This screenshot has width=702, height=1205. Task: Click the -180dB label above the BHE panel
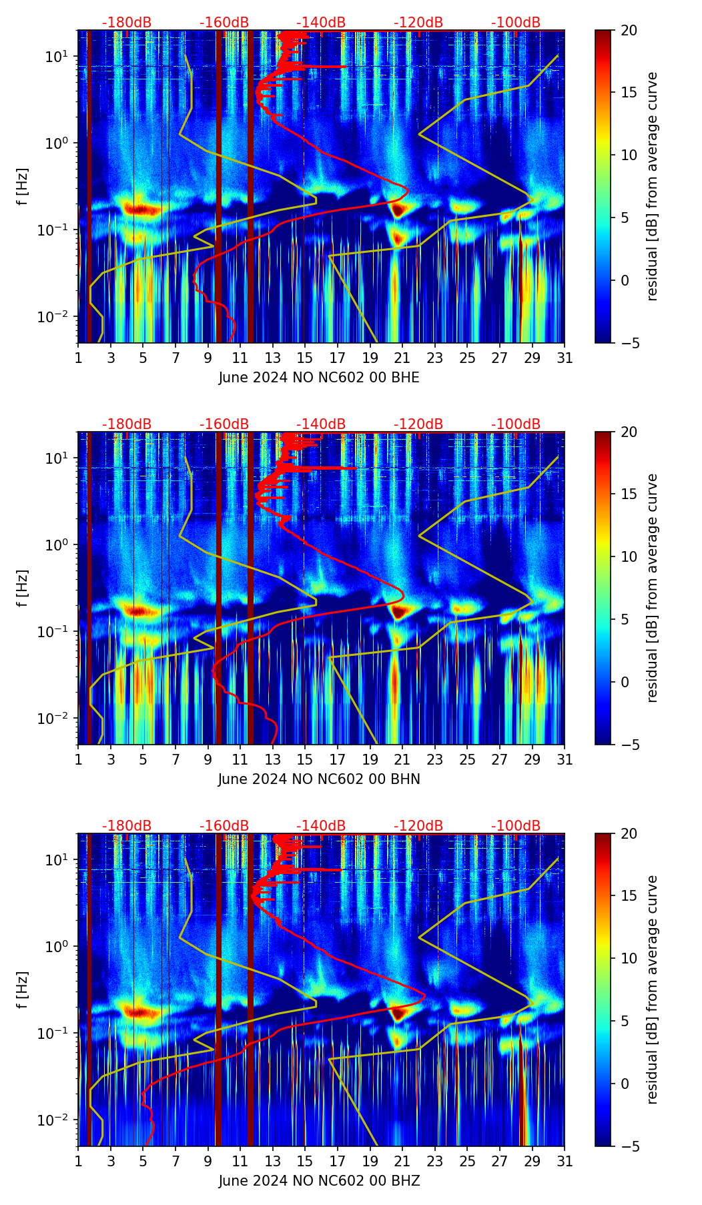point(127,23)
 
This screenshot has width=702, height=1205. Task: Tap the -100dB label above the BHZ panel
point(516,826)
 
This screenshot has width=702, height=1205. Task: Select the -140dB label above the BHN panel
point(321,424)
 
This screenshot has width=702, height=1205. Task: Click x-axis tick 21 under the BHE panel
point(402,358)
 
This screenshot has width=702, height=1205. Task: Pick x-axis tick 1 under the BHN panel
point(78,759)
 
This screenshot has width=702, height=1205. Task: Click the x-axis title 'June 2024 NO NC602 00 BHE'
point(319,378)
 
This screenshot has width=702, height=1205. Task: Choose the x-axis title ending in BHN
point(319,779)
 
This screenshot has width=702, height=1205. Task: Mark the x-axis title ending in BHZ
point(319,1181)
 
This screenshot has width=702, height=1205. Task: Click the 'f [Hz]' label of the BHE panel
point(23,186)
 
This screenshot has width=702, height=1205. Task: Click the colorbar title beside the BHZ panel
point(652,989)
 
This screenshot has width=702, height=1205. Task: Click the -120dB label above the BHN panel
point(418,424)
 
